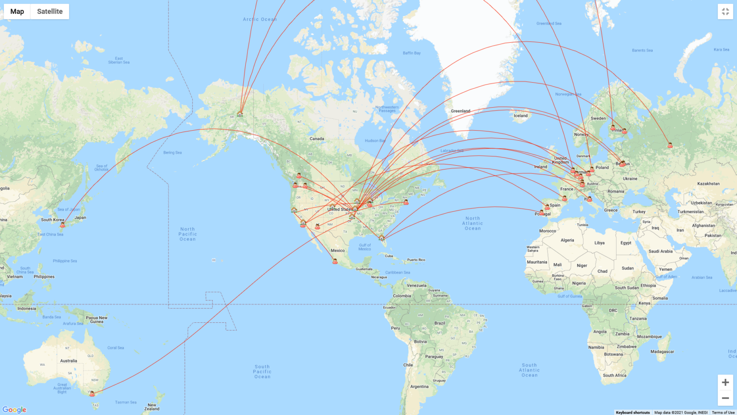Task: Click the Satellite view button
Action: [50, 12]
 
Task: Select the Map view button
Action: [17, 12]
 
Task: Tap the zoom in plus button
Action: [725, 382]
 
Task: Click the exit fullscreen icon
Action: [725, 12]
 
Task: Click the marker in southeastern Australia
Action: [92, 393]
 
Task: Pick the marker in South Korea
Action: [62, 224]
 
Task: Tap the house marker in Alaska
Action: [240, 114]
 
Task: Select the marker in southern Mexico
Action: [335, 261]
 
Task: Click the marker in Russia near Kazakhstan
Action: [670, 145]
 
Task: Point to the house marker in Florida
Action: [381, 237]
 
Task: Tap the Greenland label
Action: [460, 111]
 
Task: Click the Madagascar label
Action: [662, 352]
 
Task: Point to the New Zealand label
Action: [152, 407]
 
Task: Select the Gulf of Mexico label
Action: [365, 247]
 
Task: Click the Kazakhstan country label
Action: [708, 183]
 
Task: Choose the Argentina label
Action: [419, 387]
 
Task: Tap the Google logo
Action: [14, 410]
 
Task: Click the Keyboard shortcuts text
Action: [632, 413]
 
